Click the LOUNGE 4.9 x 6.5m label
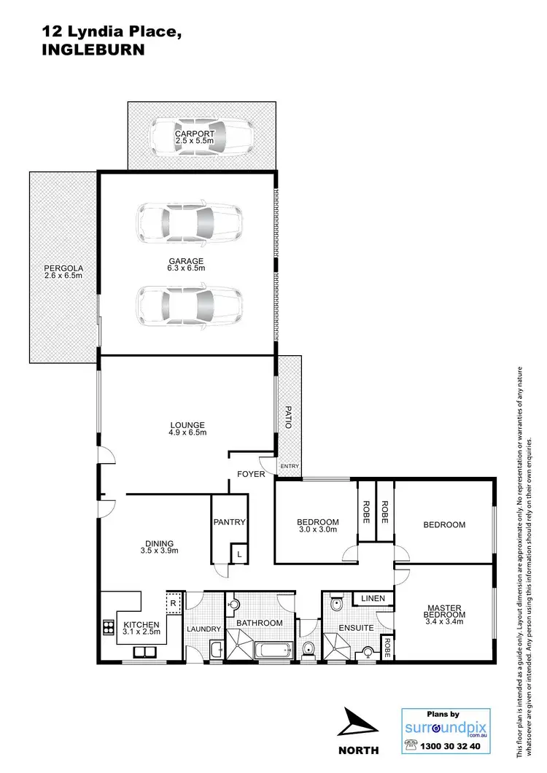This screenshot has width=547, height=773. tap(187, 429)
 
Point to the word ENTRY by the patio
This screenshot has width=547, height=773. tap(289, 467)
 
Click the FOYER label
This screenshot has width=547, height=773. tap(250, 475)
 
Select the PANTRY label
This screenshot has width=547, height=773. tap(229, 522)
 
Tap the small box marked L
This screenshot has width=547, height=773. tap(239, 555)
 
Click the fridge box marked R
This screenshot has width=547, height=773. tap(173, 603)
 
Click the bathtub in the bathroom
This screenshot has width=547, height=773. tap(275, 648)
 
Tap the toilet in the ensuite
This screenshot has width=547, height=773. tap(336, 605)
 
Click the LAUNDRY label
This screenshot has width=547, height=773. tap(203, 629)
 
